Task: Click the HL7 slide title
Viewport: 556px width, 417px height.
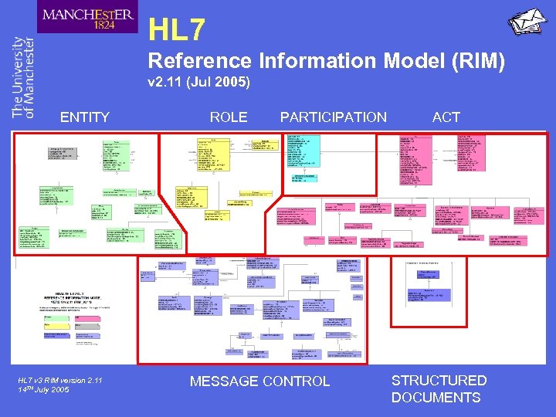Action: [x=177, y=30]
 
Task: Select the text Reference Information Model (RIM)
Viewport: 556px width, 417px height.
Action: [x=326, y=61]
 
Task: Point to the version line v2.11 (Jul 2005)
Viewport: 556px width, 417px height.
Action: [x=199, y=82]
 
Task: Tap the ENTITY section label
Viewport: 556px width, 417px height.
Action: [x=85, y=117]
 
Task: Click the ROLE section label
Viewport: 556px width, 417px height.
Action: [x=229, y=117]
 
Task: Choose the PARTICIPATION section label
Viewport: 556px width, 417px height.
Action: [x=333, y=117]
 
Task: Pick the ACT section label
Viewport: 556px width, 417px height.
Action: [x=446, y=117]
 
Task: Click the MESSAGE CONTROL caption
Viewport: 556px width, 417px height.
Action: [x=259, y=381]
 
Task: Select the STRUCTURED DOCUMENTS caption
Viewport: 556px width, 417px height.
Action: [x=439, y=388]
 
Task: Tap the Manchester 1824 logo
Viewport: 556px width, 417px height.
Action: [x=87, y=18]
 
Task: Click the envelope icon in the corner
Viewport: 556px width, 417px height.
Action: [x=527, y=21]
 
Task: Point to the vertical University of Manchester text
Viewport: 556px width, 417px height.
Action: [x=23, y=77]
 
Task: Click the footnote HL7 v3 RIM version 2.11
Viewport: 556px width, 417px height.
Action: [x=60, y=380]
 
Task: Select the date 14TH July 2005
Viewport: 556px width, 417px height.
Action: [x=43, y=390]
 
